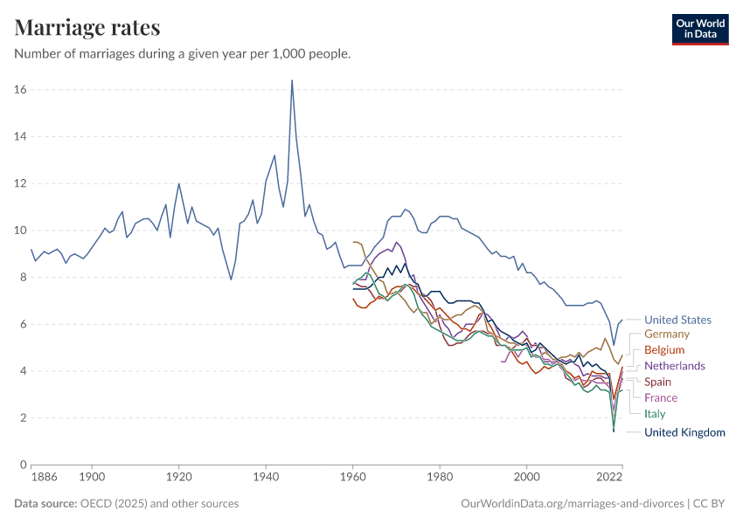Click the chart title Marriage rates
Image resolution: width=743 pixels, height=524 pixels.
(87, 27)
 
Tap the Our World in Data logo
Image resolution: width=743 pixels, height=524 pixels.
(699, 29)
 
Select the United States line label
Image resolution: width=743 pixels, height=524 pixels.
(677, 320)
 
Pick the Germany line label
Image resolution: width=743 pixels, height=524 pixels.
(667, 334)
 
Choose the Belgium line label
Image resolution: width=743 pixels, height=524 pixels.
(664, 349)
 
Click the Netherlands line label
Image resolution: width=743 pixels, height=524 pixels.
(674, 366)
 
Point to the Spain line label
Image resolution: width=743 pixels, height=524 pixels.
(658, 382)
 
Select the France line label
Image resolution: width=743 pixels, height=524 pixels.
(661, 398)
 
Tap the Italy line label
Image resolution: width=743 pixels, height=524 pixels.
(655, 414)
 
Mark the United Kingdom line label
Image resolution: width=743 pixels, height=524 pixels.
(684, 432)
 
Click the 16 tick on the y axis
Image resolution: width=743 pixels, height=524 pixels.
(20, 90)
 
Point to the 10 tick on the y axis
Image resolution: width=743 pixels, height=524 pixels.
(20, 231)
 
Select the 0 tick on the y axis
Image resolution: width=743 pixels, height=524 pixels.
(24, 465)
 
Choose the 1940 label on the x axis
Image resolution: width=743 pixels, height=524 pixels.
(266, 478)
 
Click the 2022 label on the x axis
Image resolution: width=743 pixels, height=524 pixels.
(608, 478)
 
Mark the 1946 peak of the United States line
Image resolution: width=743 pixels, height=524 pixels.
(292, 80)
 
